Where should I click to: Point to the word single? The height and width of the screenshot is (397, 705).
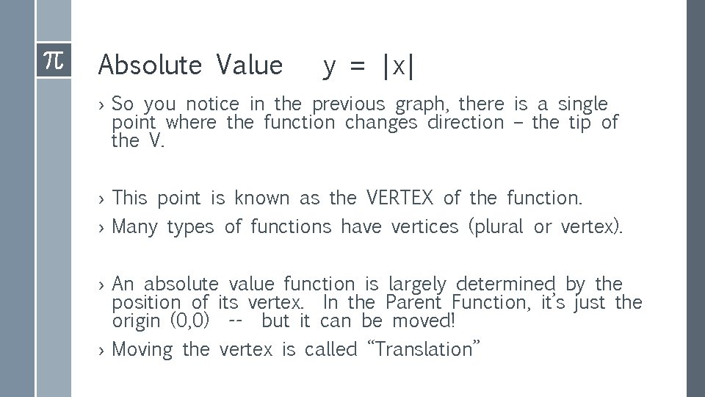coord(583,104)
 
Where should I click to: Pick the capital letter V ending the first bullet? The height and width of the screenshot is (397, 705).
coord(155,140)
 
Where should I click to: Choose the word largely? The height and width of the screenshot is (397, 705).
coord(416,285)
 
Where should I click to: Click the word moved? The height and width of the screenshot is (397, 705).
coord(424,321)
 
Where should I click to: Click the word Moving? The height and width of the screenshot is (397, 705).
coord(142,350)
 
